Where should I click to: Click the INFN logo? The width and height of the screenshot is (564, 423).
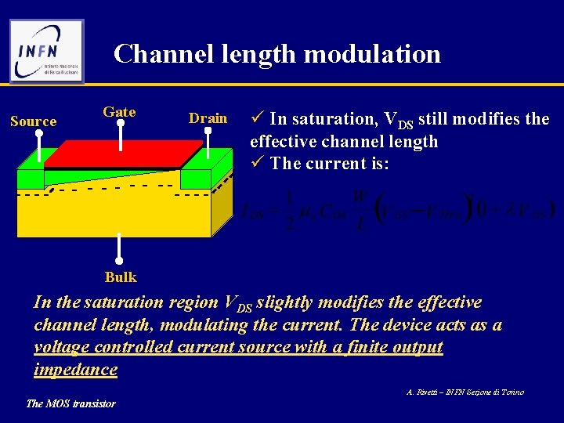click(46, 51)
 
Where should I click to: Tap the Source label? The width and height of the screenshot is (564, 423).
click(33, 121)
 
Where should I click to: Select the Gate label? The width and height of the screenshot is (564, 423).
click(119, 112)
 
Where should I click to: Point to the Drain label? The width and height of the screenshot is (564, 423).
click(208, 118)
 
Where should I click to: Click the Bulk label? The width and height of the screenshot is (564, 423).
click(121, 277)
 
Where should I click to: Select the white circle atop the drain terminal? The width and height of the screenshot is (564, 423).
click(208, 133)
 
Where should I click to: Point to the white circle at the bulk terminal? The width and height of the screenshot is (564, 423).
click(120, 262)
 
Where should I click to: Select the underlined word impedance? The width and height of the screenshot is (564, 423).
click(76, 369)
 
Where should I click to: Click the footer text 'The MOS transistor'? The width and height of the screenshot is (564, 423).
click(70, 403)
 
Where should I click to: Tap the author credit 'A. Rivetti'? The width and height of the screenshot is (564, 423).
click(426, 392)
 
